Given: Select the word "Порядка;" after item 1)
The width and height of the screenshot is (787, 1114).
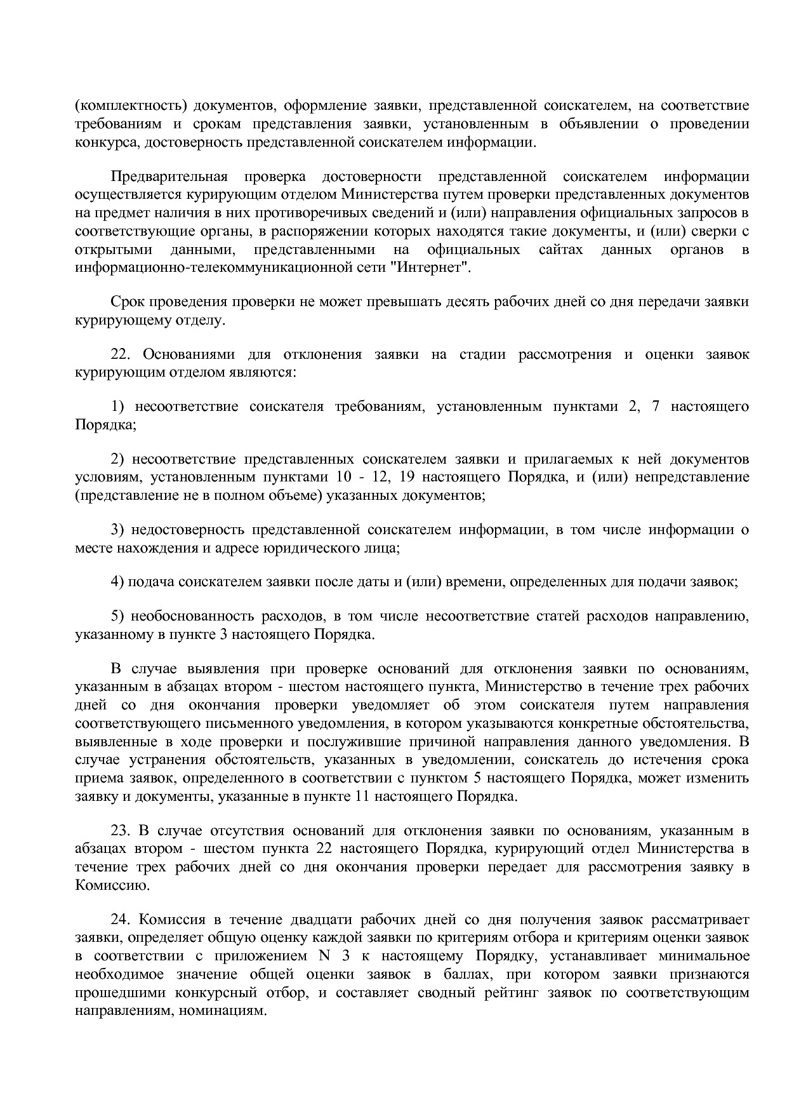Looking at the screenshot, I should tap(105, 425).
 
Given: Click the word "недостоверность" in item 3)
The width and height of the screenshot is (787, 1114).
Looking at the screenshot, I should tap(187, 530).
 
